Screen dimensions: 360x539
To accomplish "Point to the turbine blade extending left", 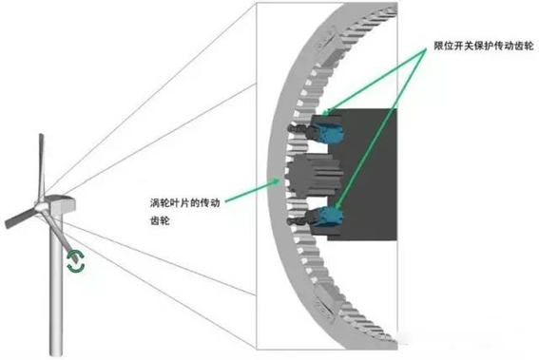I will [x=18, y=217].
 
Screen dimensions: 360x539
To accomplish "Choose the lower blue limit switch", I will [x=329, y=218].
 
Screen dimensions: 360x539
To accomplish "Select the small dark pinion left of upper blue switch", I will [x=298, y=129].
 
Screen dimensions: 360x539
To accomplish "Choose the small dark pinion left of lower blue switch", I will [x=298, y=218].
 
